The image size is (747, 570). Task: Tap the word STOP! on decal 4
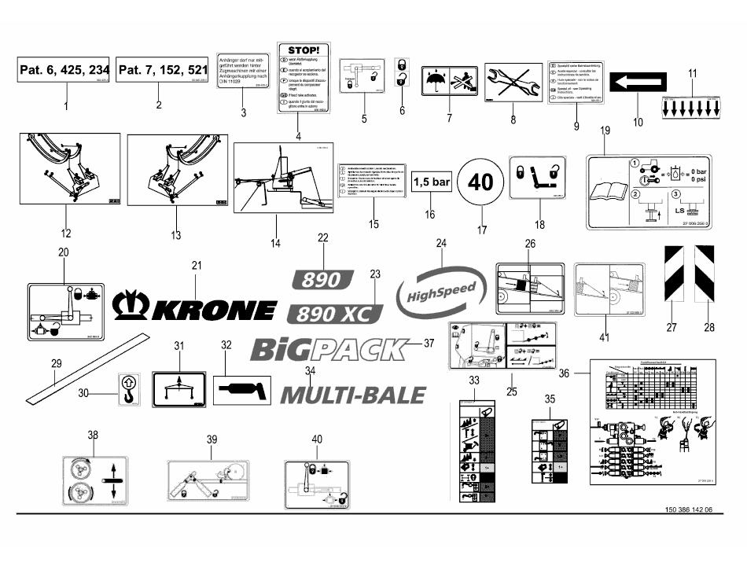(x=304, y=50)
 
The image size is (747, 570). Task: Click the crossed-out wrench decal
(x=513, y=83)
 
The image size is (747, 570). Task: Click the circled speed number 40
(x=480, y=182)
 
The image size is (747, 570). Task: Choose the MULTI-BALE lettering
(x=352, y=393)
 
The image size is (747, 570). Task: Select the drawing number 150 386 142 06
(x=683, y=509)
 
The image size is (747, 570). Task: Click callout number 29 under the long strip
(x=55, y=363)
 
